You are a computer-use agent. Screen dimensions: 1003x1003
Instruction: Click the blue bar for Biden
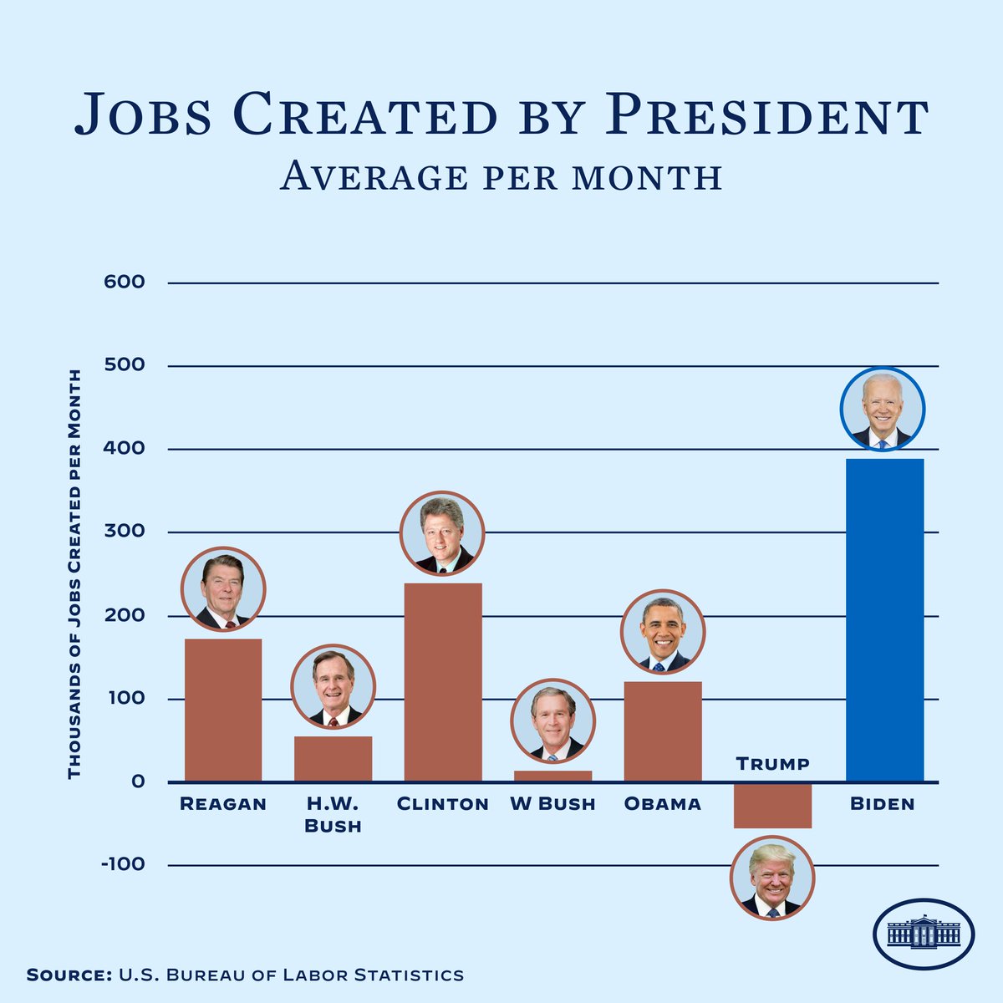pos(884,619)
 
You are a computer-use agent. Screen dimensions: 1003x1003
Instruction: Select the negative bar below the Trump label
pos(772,806)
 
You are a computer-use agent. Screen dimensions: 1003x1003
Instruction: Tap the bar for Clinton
pos(443,682)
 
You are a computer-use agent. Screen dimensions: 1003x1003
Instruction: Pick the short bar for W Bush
pos(552,776)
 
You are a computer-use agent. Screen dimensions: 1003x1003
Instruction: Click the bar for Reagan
pos(223,710)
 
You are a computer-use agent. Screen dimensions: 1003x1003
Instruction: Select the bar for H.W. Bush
pos(333,759)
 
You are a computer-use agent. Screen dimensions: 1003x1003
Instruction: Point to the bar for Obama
pos(663,731)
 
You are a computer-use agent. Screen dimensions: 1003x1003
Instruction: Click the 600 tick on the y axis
pos(125,283)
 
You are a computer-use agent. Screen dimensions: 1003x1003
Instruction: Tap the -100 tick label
pos(123,864)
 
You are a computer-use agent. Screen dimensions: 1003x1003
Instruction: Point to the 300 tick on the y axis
pos(125,532)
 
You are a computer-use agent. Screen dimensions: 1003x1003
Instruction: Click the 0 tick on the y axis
pos(138,782)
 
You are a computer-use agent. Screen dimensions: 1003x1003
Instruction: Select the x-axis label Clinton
pos(442,804)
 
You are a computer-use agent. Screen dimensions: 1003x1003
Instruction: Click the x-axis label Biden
pos(883,804)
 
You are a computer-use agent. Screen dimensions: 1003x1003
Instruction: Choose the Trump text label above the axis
pos(772,763)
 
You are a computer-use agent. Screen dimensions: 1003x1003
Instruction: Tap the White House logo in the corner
pos(923,933)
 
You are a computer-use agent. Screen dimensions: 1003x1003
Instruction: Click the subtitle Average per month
pos(501,176)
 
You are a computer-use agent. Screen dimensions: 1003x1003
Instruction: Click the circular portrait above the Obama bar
pos(663,632)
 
